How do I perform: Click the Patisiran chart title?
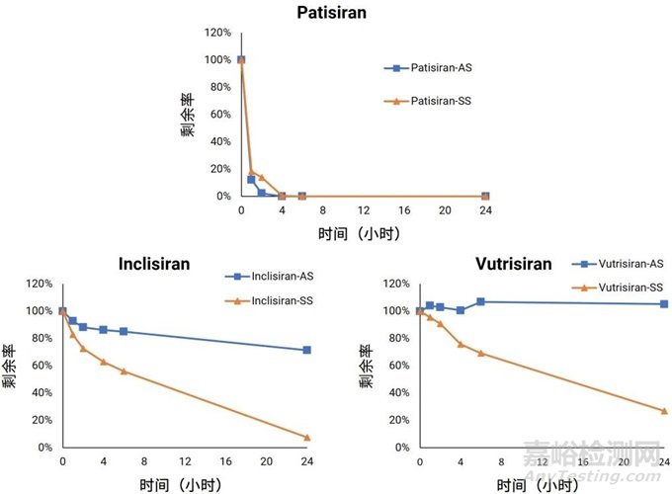click(336, 14)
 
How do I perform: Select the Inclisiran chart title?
click(154, 265)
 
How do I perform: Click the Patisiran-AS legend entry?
click(431, 68)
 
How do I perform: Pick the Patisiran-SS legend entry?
click(431, 101)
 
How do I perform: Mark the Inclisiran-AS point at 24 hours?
click(307, 350)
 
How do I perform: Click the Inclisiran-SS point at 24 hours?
click(307, 437)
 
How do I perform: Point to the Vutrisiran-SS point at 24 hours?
click(664, 410)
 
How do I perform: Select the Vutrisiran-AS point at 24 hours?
click(664, 303)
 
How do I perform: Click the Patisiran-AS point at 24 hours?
click(485, 196)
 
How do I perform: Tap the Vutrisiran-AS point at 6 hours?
click(480, 301)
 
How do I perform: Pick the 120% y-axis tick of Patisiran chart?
click(217, 33)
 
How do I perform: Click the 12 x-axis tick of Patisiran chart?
click(364, 210)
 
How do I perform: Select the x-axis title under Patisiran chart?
click(363, 234)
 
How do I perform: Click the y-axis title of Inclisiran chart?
click(10, 366)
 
